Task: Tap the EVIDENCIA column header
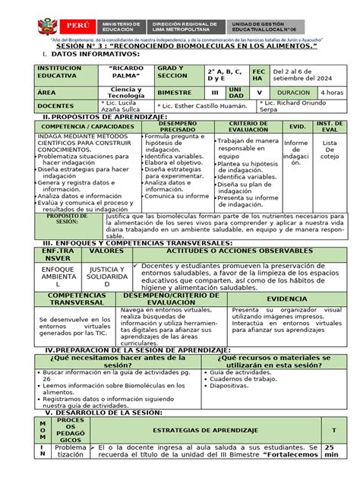pos(286,300)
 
